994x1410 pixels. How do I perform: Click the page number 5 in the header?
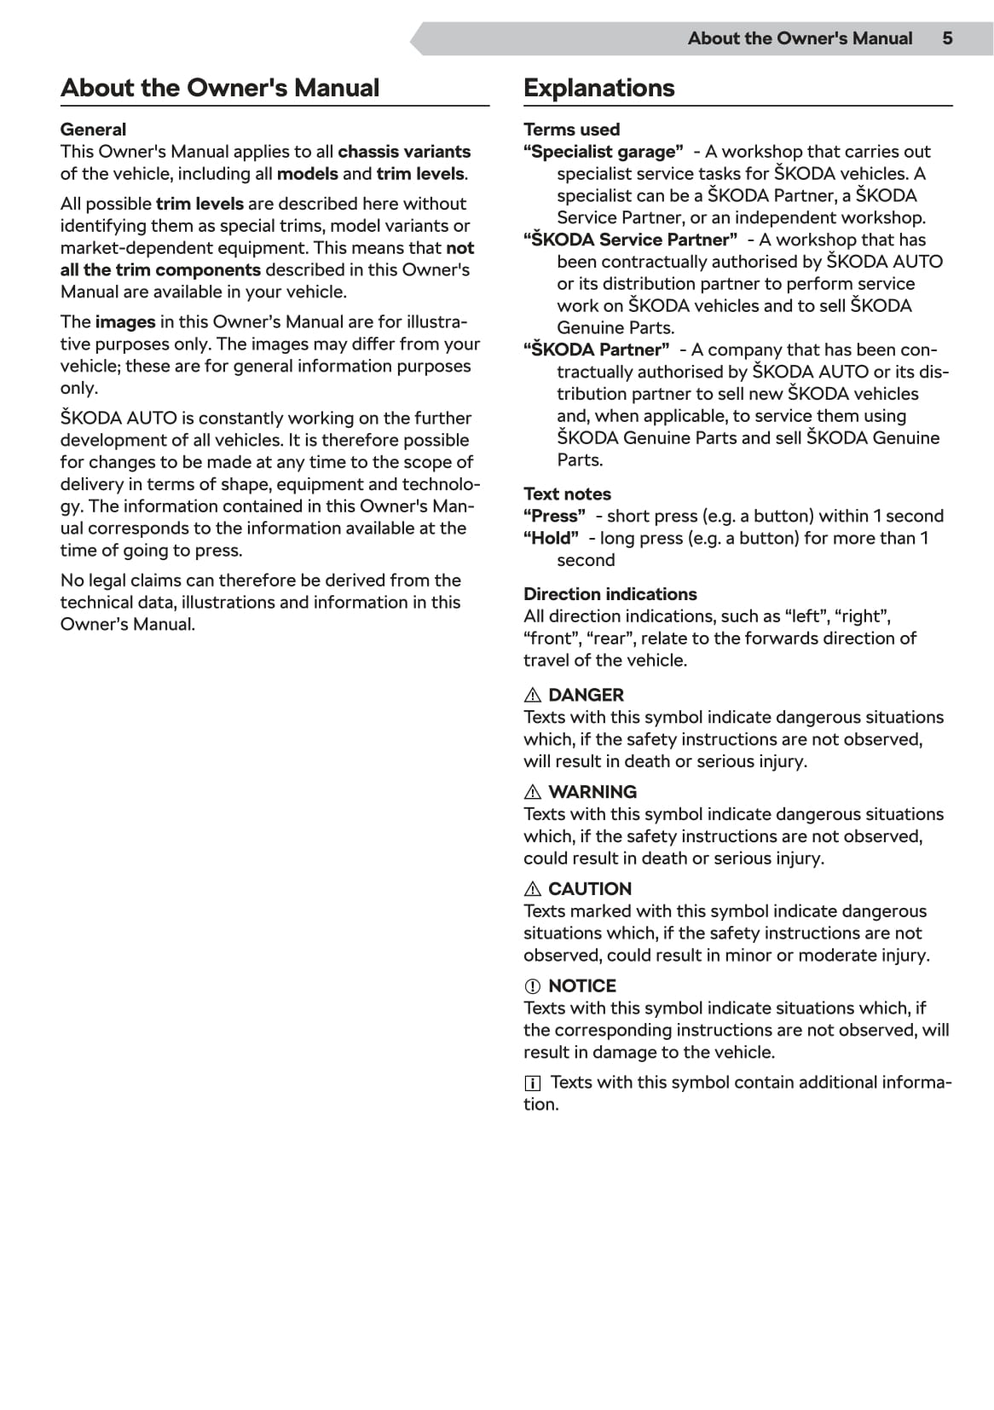[947, 38]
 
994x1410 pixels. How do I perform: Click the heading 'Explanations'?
[598, 88]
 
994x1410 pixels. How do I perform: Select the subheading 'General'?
[93, 130]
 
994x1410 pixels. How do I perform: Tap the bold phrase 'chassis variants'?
[404, 152]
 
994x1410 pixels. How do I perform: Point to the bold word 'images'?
[125, 322]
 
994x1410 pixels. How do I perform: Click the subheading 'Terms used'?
[571, 130]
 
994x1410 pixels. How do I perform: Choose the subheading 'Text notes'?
[567, 494]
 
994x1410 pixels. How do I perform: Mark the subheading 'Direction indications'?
[610, 594]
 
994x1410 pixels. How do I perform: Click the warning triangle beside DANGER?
[533, 696]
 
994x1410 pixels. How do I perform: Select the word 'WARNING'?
[592, 792]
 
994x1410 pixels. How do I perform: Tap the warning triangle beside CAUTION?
[533, 889]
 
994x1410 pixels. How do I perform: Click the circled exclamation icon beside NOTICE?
[533, 986]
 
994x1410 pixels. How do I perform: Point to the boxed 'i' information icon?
[532, 1084]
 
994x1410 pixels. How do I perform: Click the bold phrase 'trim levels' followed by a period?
[420, 174]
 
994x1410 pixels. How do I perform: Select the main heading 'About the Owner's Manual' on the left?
[220, 88]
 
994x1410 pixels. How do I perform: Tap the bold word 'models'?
[307, 174]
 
